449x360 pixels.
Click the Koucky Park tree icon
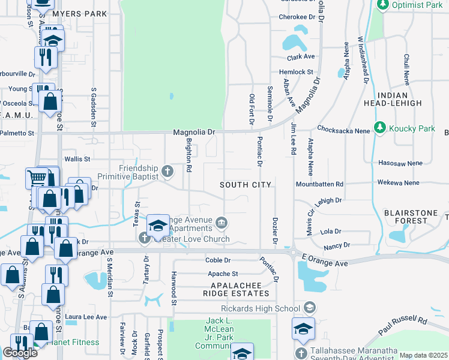379,128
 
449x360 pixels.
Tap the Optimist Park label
417,5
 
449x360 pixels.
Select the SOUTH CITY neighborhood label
245,185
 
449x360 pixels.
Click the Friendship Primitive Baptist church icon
167,172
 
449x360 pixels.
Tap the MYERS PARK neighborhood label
79,14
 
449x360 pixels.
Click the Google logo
20,352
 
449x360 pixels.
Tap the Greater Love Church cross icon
145,239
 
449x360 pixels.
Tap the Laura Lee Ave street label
86,317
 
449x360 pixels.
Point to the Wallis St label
77,159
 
